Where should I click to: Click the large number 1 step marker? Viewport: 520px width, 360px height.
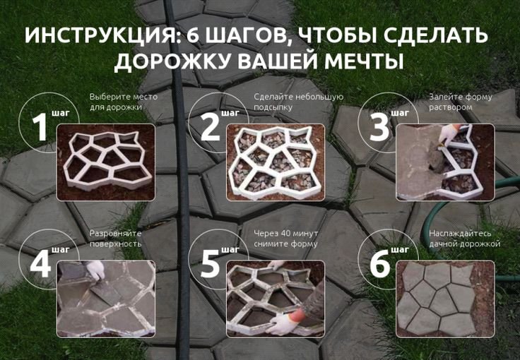(40, 128)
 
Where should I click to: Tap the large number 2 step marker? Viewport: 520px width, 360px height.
(211, 128)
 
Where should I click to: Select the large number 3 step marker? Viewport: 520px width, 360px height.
(379, 128)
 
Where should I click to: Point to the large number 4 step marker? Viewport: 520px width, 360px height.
(40, 264)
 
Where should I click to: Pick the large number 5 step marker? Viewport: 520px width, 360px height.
(211, 264)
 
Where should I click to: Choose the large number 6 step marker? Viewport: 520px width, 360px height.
(379, 264)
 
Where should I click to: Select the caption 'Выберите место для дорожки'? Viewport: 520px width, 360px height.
(123, 102)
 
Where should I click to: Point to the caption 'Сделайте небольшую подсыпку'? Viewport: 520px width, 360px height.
(297, 102)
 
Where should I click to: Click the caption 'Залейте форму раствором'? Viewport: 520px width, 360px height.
(460, 102)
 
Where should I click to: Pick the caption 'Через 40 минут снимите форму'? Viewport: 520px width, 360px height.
(285, 238)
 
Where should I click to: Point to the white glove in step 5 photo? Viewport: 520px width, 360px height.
(283, 324)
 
